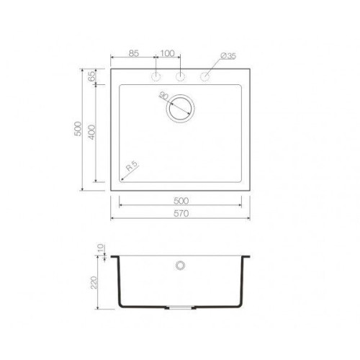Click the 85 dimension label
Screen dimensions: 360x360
click(134, 53)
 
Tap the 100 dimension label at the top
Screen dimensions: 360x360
click(167, 53)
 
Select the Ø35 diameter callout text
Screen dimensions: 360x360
click(228, 56)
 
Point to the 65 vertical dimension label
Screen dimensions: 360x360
click(91, 76)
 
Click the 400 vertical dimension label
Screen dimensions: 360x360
click(91, 132)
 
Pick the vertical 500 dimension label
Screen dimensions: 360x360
click(78, 129)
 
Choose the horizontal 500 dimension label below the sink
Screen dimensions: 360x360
click(181, 201)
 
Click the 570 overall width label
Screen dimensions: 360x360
click(181, 213)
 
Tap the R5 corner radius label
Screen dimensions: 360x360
click(132, 166)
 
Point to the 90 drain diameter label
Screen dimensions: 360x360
click(163, 96)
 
